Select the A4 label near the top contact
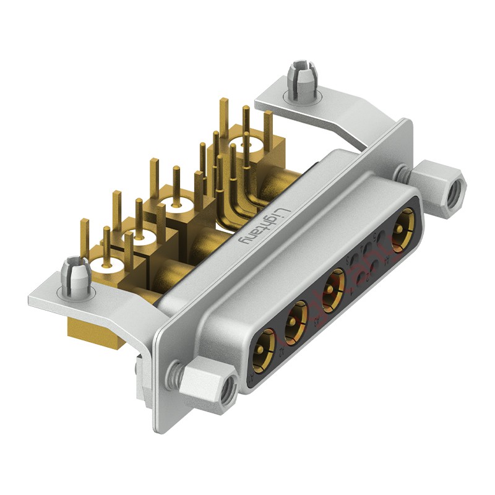pos(388,260)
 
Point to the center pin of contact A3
pos(335,286)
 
